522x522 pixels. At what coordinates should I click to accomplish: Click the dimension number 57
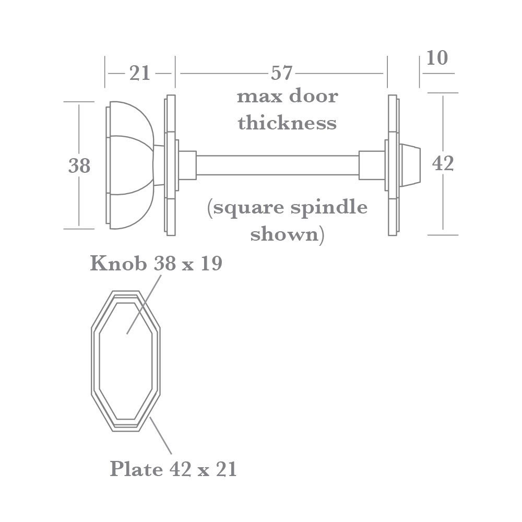(x=282, y=74)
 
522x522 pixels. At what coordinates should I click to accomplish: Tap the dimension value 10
(x=437, y=58)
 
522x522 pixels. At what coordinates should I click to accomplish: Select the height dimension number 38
(x=79, y=166)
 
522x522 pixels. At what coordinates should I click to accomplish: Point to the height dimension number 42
(x=443, y=164)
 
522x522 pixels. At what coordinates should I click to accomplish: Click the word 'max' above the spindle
(x=256, y=97)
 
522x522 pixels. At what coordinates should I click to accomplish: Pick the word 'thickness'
(x=287, y=123)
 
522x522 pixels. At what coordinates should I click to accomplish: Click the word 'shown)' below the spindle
(x=287, y=234)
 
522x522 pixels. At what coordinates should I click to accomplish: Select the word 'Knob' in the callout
(x=118, y=264)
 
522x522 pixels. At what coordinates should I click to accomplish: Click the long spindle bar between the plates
(x=277, y=165)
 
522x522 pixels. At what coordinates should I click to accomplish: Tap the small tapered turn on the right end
(x=410, y=165)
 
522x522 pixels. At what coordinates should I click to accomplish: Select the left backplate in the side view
(x=170, y=165)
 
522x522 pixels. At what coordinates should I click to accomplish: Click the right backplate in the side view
(x=393, y=165)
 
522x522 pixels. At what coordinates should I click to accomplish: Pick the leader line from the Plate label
(x=161, y=436)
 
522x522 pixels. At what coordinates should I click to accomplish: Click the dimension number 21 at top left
(x=139, y=74)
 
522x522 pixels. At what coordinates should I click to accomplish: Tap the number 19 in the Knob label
(x=211, y=264)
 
